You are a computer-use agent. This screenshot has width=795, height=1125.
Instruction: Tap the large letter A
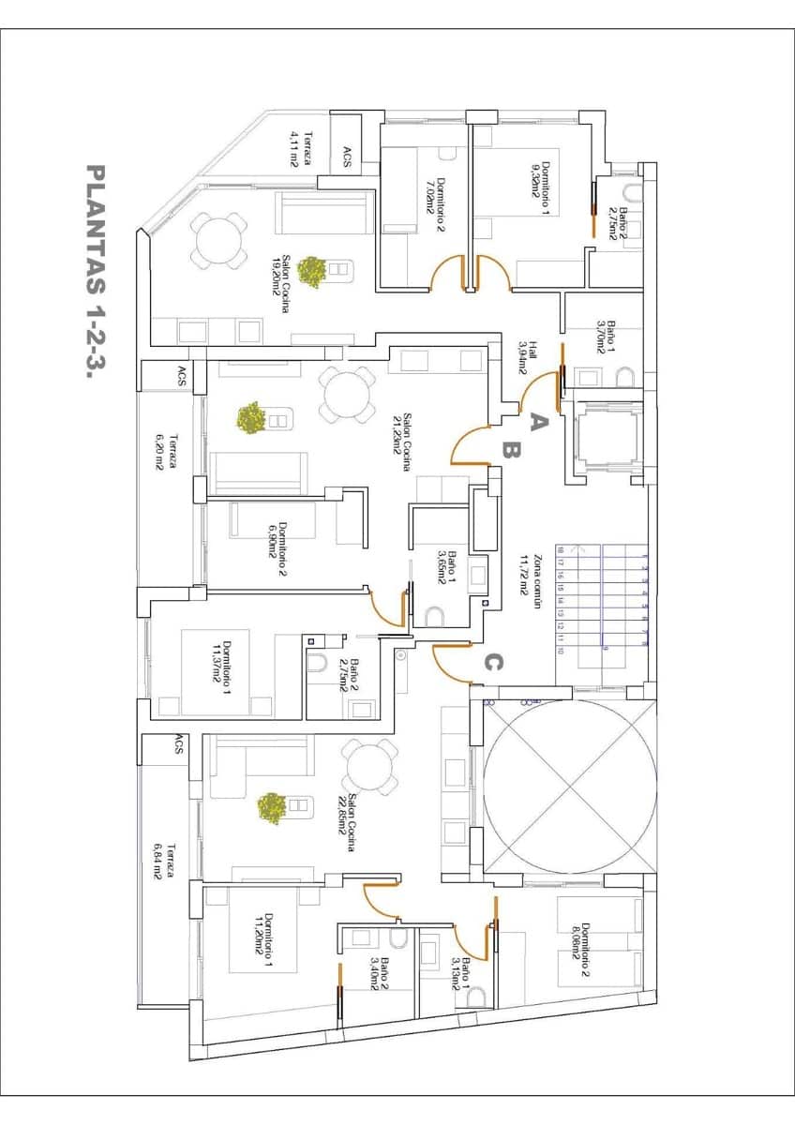pyautogui.click(x=537, y=422)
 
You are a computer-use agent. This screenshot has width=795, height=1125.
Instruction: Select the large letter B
pyautogui.click(x=511, y=451)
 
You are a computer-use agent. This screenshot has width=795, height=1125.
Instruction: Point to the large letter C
pyautogui.click(x=493, y=664)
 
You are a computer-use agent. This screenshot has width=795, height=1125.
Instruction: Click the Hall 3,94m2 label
pyautogui.click(x=528, y=357)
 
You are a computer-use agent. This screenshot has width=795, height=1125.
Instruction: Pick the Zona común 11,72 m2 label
pyautogui.click(x=532, y=575)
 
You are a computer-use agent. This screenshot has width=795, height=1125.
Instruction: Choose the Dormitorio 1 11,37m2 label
pyautogui.click(x=222, y=666)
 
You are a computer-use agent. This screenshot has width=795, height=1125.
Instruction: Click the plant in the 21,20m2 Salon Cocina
pyautogui.click(x=249, y=418)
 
